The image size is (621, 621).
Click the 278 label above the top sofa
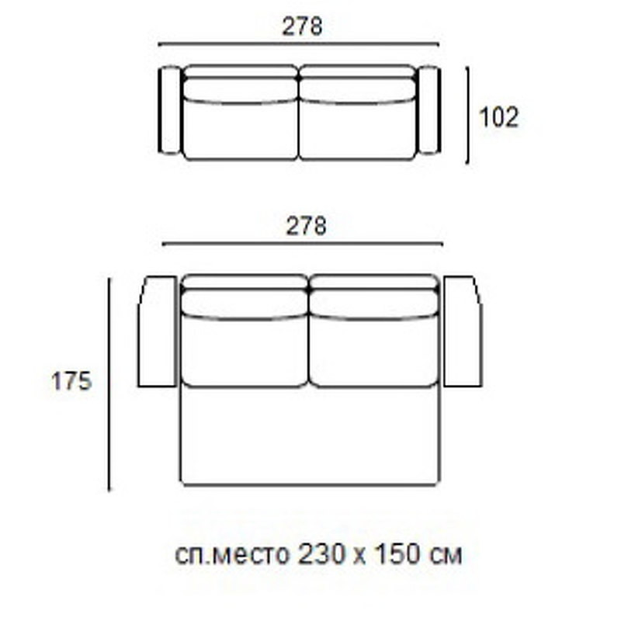pyautogui.click(x=302, y=27)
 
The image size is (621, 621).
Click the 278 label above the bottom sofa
pyautogui.click(x=307, y=226)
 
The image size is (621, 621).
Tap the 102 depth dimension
pyautogui.click(x=498, y=117)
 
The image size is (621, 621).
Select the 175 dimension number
pyautogui.click(x=71, y=382)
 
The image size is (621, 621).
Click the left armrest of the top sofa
pyautogui.click(x=170, y=110)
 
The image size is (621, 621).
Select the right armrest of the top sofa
pyautogui.click(x=428, y=110)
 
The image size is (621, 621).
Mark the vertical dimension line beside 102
pyautogui.click(x=467, y=115)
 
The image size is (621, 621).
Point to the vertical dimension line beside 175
pyautogui.click(x=109, y=384)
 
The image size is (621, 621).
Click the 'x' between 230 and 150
pyautogui.click(x=356, y=557)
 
